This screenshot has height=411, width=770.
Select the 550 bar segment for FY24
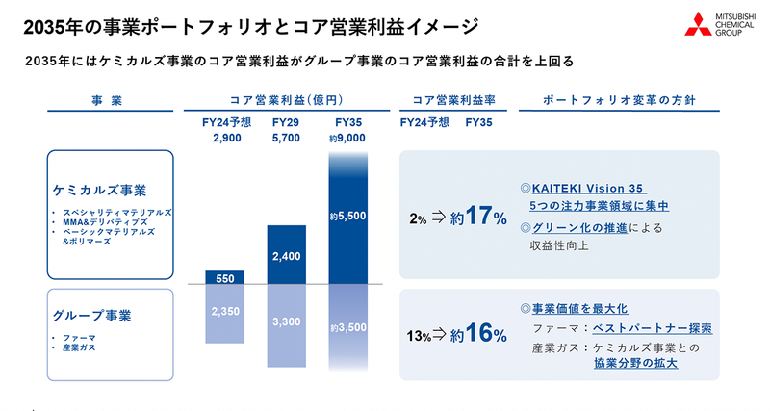(225, 277)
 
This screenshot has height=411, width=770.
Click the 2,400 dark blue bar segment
(287, 255)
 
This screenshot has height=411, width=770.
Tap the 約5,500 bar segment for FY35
(348, 217)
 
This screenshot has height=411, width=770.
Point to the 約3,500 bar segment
(348, 328)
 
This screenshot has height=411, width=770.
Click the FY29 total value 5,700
(287, 139)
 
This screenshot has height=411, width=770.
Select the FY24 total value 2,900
(225, 139)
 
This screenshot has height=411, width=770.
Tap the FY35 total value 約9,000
(348, 139)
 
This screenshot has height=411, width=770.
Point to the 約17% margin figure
(479, 217)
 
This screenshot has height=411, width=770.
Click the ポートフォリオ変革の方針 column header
(619, 99)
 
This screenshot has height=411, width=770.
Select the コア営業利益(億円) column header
(287, 99)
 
